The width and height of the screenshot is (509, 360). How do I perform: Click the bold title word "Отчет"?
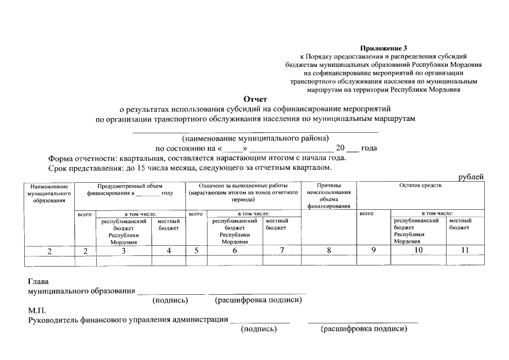pos(255,99)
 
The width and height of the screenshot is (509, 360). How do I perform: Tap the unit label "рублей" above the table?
pos(471,177)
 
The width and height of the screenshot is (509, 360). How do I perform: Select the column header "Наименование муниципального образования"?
pos(49,192)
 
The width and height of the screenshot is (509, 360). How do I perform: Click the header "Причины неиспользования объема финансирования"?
pos(328,196)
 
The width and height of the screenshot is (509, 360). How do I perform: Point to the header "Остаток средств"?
pos(420,186)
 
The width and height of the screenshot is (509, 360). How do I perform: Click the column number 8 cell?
pos(328,251)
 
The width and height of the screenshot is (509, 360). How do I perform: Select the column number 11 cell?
pos(465,251)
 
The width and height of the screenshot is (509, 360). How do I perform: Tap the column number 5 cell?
pos(196,251)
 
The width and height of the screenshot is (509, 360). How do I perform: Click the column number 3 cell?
pos(123,251)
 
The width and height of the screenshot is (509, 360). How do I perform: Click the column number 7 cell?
pos(282,251)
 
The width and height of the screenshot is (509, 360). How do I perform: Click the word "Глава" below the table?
pos(38,281)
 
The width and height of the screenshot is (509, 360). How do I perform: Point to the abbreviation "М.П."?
pos(37,310)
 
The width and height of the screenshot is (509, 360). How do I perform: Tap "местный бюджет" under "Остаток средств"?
pos(460,224)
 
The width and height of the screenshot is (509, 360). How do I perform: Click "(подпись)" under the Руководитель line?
pos(259,329)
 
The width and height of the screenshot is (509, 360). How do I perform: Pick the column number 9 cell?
pos(373,251)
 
